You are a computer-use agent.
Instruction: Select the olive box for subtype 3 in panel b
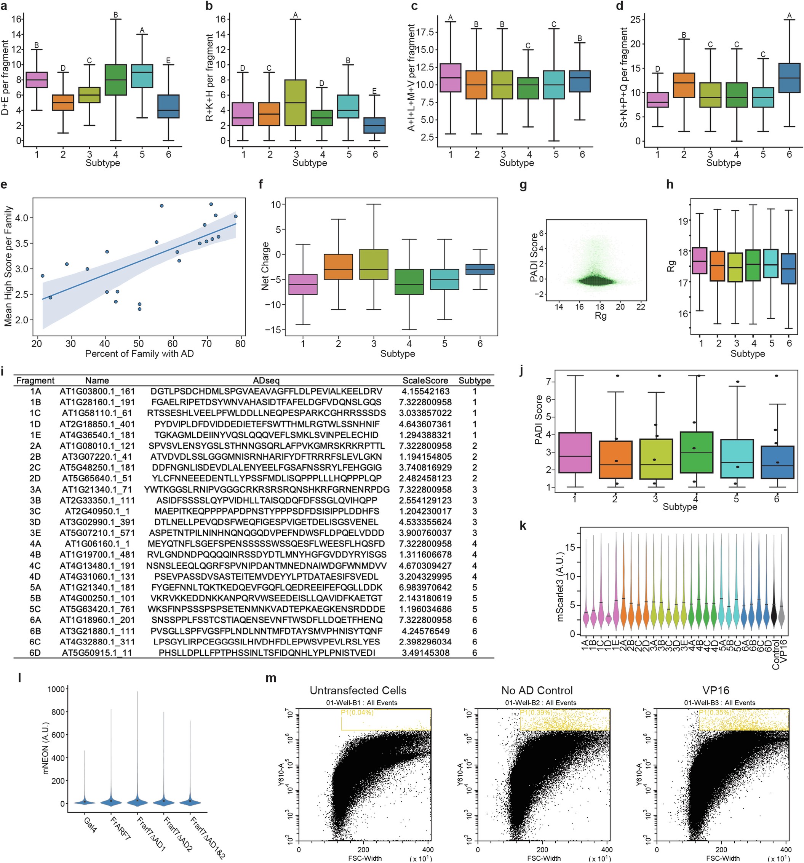click(296, 102)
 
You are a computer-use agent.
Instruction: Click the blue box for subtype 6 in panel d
click(789, 78)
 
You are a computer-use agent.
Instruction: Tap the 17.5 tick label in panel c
click(425, 32)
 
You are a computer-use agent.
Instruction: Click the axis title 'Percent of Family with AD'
click(139, 353)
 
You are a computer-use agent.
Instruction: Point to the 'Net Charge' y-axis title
click(265, 266)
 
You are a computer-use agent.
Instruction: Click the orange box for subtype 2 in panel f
click(338, 267)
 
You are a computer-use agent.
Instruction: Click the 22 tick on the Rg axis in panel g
click(640, 307)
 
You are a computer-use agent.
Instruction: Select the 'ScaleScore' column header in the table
click(425, 381)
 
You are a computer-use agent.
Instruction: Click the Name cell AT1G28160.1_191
click(97, 403)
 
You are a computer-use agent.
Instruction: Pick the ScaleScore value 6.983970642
click(425, 587)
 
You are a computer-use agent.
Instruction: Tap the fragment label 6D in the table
click(35, 653)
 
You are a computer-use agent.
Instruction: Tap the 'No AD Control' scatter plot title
click(537, 690)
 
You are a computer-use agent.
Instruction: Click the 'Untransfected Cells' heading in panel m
click(358, 690)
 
